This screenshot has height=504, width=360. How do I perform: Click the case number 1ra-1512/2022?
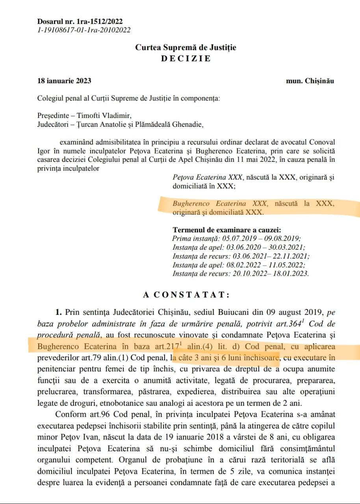[100, 22]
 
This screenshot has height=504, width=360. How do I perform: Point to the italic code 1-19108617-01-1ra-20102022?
[84, 30]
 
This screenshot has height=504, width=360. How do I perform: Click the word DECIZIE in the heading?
[186, 59]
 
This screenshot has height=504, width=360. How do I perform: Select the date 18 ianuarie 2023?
[64, 81]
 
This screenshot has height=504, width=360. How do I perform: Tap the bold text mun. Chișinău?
[310, 81]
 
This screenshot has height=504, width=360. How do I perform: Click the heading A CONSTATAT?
[185, 295]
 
